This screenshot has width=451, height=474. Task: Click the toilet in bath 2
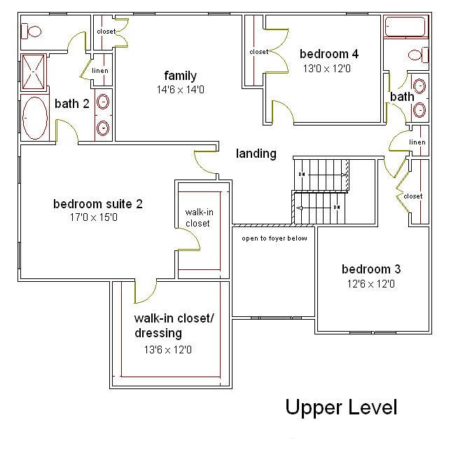pos(31,31)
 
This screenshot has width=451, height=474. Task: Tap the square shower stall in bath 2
pos(33,72)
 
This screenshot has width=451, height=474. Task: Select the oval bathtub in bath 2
pos(35,118)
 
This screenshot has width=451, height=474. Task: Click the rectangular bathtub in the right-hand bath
pos(405,27)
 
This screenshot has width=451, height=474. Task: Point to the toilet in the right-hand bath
pos(418,55)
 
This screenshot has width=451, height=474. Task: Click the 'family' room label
pos(180,76)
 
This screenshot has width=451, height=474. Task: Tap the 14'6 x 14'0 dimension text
pos(180,90)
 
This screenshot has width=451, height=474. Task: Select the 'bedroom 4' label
pos(328,54)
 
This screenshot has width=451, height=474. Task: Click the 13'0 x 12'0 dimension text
pos(326,69)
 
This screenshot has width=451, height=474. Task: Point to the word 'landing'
pos(256,154)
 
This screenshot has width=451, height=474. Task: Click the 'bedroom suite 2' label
pos(98,204)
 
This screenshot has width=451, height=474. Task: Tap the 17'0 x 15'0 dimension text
pos(94,217)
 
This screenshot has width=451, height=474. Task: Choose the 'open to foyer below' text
pos(275,238)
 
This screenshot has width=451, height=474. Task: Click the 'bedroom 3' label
pos(371,269)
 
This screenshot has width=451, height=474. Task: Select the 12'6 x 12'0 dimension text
pos(370,284)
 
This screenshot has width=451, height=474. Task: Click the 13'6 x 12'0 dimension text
pos(168,350)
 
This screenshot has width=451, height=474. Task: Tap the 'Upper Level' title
pos(341,408)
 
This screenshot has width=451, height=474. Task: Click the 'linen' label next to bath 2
pos(100,71)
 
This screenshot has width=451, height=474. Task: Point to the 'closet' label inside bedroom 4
pos(259,52)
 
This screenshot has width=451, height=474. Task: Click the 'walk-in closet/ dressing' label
pos(174,325)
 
